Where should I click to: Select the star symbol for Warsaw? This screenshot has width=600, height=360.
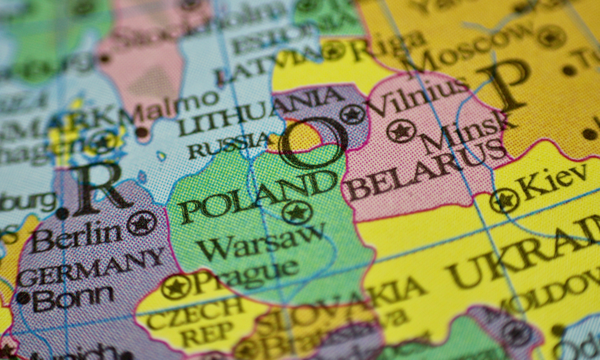pos(297,212)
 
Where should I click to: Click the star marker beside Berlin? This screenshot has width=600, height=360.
pos(142,223)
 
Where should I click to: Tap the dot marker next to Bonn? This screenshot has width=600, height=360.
pos(23,298)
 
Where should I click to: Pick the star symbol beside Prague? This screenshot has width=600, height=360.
pos(176,287)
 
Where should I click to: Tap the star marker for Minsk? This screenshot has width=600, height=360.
pos(401,131)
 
